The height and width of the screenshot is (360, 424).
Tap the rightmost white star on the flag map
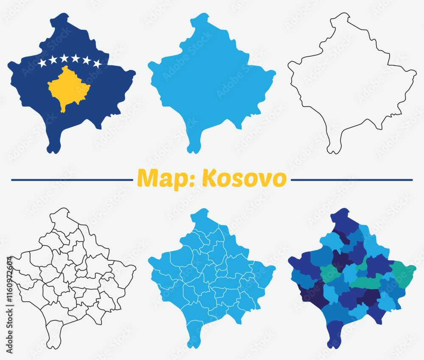pos(97,64)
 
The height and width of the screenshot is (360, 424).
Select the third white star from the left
pos(64,58)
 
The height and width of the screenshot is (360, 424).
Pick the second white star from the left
pos(53,60)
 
